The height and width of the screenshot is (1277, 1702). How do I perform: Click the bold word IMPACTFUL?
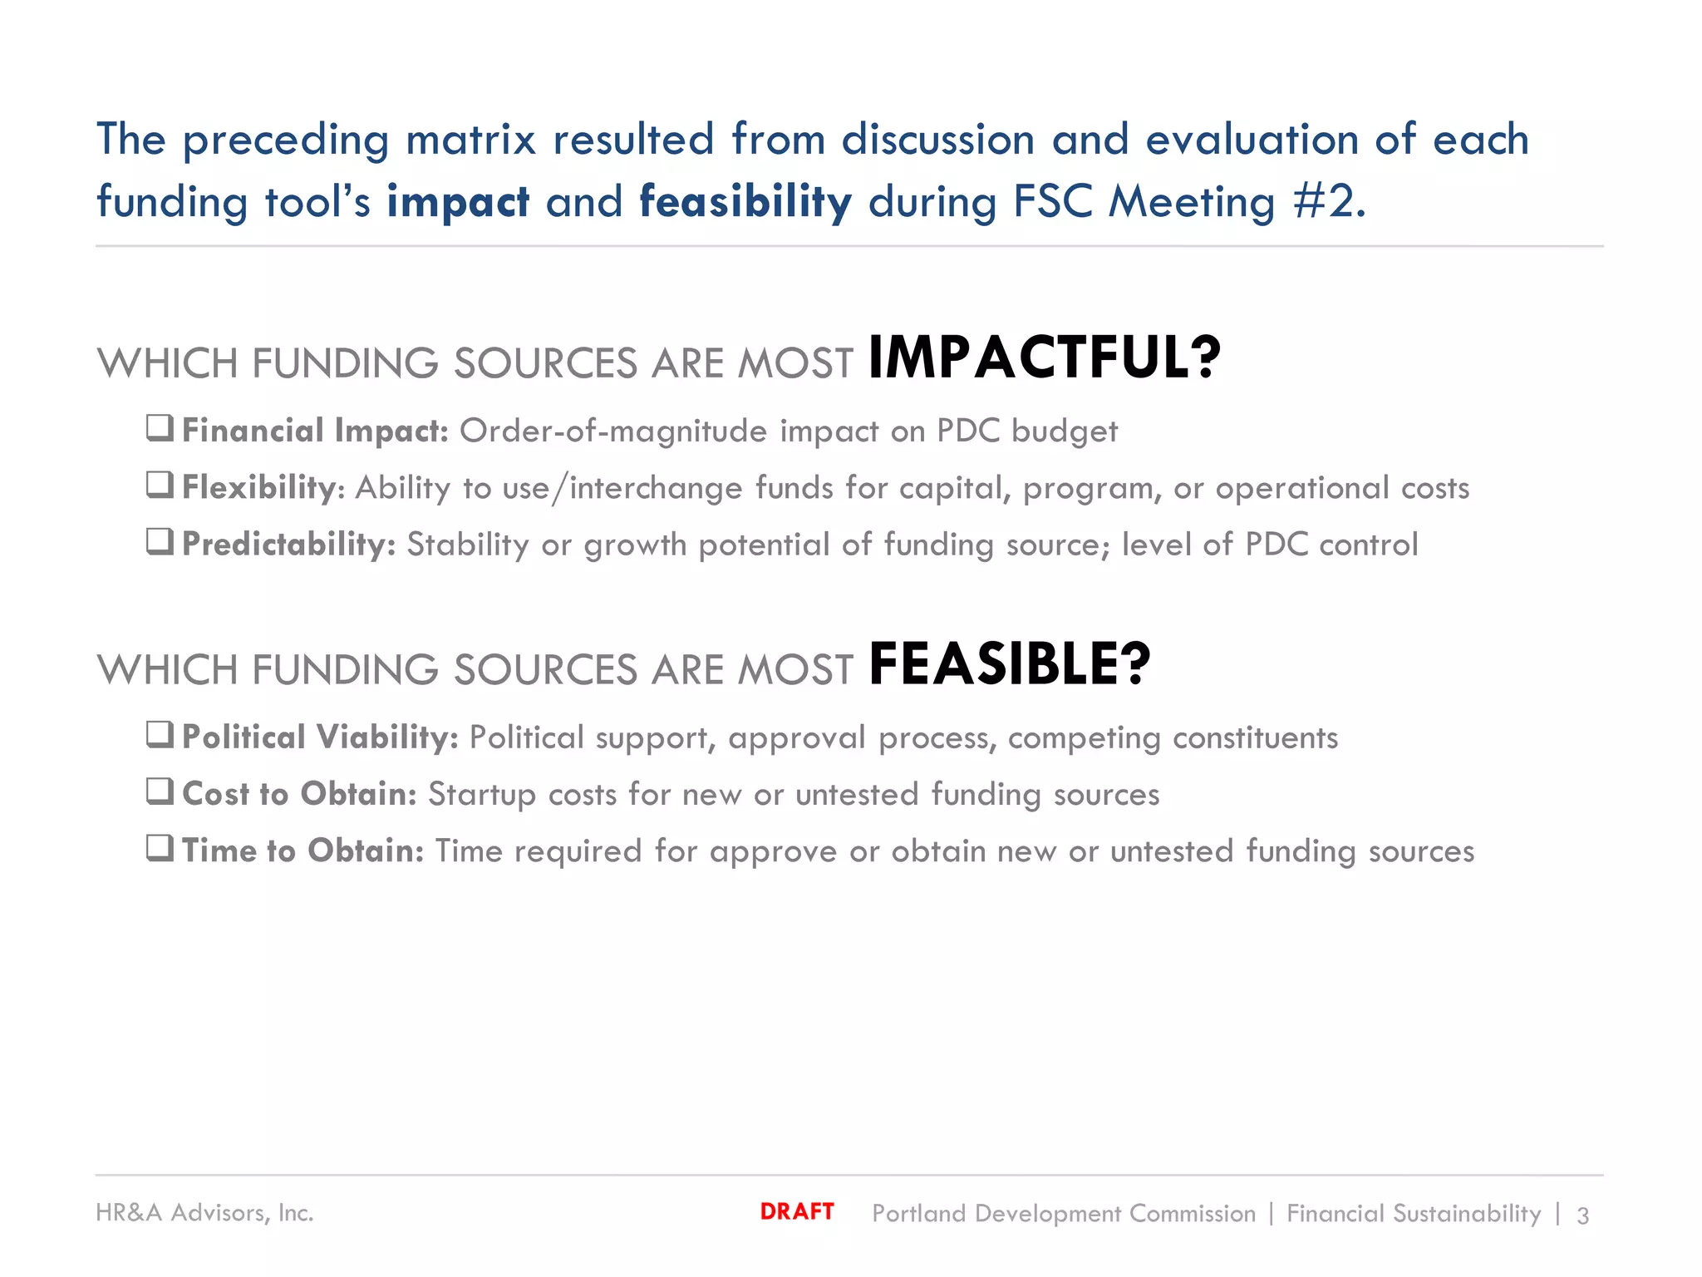[1044, 358]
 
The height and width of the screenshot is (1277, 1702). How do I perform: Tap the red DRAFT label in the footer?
[796, 1211]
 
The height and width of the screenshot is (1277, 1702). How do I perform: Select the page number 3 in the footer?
[1582, 1215]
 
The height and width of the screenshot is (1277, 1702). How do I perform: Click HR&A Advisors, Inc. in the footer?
[204, 1213]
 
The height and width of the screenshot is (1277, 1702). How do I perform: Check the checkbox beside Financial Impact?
[160, 428]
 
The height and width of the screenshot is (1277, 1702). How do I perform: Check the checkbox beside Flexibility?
[160, 485]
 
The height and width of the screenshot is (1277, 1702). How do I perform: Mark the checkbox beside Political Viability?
[160, 734]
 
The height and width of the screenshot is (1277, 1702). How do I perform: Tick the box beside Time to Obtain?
[160, 848]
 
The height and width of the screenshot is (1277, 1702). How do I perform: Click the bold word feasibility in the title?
[745, 202]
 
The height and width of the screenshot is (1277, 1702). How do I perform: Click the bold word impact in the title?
[457, 202]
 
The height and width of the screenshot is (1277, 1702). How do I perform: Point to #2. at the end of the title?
[1329, 202]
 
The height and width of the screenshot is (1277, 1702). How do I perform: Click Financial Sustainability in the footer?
[1413, 1214]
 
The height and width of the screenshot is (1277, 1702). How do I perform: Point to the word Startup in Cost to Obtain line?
[481, 795]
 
